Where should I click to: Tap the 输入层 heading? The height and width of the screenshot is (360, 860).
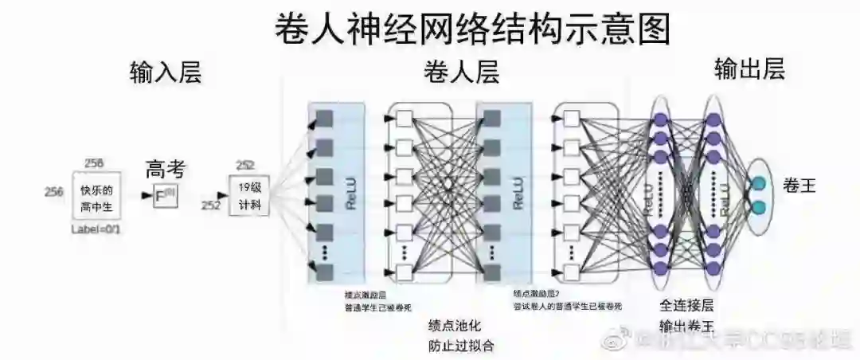point(166,73)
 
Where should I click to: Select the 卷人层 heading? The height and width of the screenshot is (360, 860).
point(461,73)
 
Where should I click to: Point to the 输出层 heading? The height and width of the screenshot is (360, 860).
point(749,70)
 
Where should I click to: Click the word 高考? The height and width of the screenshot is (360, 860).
point(166,170)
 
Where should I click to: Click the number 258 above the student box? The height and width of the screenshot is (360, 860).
point(95,163)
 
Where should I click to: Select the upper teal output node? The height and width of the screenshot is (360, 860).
point(758,182)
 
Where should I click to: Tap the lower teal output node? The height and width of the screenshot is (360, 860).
point(758,208)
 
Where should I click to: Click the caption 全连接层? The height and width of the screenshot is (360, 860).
point(686,305)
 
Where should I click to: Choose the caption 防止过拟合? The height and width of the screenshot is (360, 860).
point(461,346)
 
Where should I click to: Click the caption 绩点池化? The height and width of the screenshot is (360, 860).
point(455,326)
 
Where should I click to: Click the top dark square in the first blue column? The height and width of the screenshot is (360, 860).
point(323,119)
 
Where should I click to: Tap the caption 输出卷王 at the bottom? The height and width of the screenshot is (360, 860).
point(686,326)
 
